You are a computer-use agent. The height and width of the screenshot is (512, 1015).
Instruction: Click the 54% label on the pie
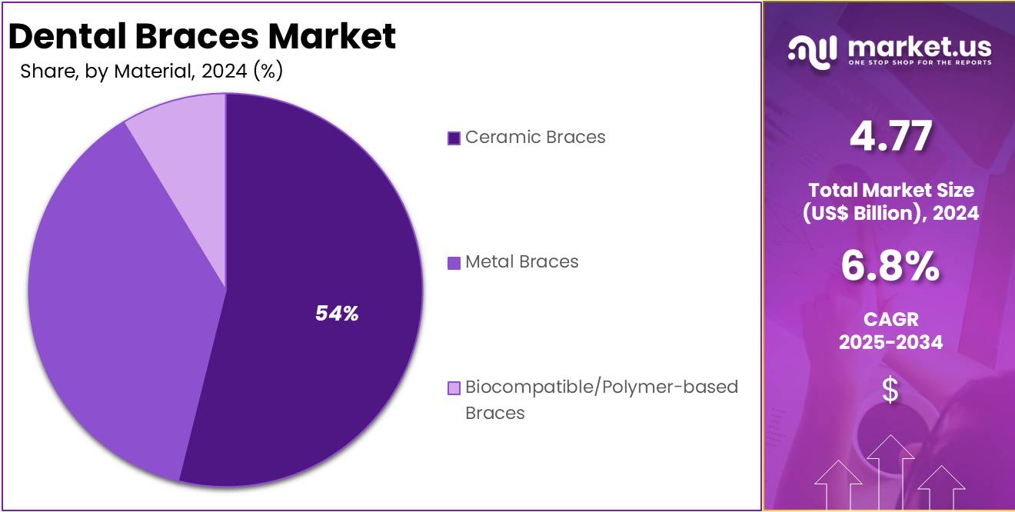click(x=337, y=314)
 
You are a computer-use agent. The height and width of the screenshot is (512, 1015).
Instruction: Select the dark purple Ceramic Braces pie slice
click(x=323, y=231)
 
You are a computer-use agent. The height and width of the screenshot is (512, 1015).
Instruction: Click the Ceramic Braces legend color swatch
click(x=454, y=138)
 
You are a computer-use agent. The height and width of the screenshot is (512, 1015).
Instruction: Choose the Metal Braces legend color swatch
click(x=454, y=263)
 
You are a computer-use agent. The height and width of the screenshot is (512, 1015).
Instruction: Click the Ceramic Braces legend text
click(x=535, y=138)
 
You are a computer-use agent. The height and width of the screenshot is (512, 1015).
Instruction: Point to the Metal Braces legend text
click(x=521, y=262)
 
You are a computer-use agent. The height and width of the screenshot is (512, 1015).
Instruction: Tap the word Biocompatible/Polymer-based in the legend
click(x=601, y=387)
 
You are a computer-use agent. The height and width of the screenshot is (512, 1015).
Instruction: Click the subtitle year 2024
click(x=224, y=72)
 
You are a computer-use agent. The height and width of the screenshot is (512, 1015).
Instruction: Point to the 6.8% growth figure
click(x=890, y=268)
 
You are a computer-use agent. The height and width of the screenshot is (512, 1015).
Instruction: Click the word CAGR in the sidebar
click(x=890, y=319)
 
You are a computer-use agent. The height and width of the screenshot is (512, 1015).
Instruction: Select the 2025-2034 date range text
click(x=890, y=343)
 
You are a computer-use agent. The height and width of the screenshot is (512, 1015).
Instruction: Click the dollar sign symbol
click(x=890, y=391)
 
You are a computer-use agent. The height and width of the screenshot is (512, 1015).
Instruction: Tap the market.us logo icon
click(x=812, y=52)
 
